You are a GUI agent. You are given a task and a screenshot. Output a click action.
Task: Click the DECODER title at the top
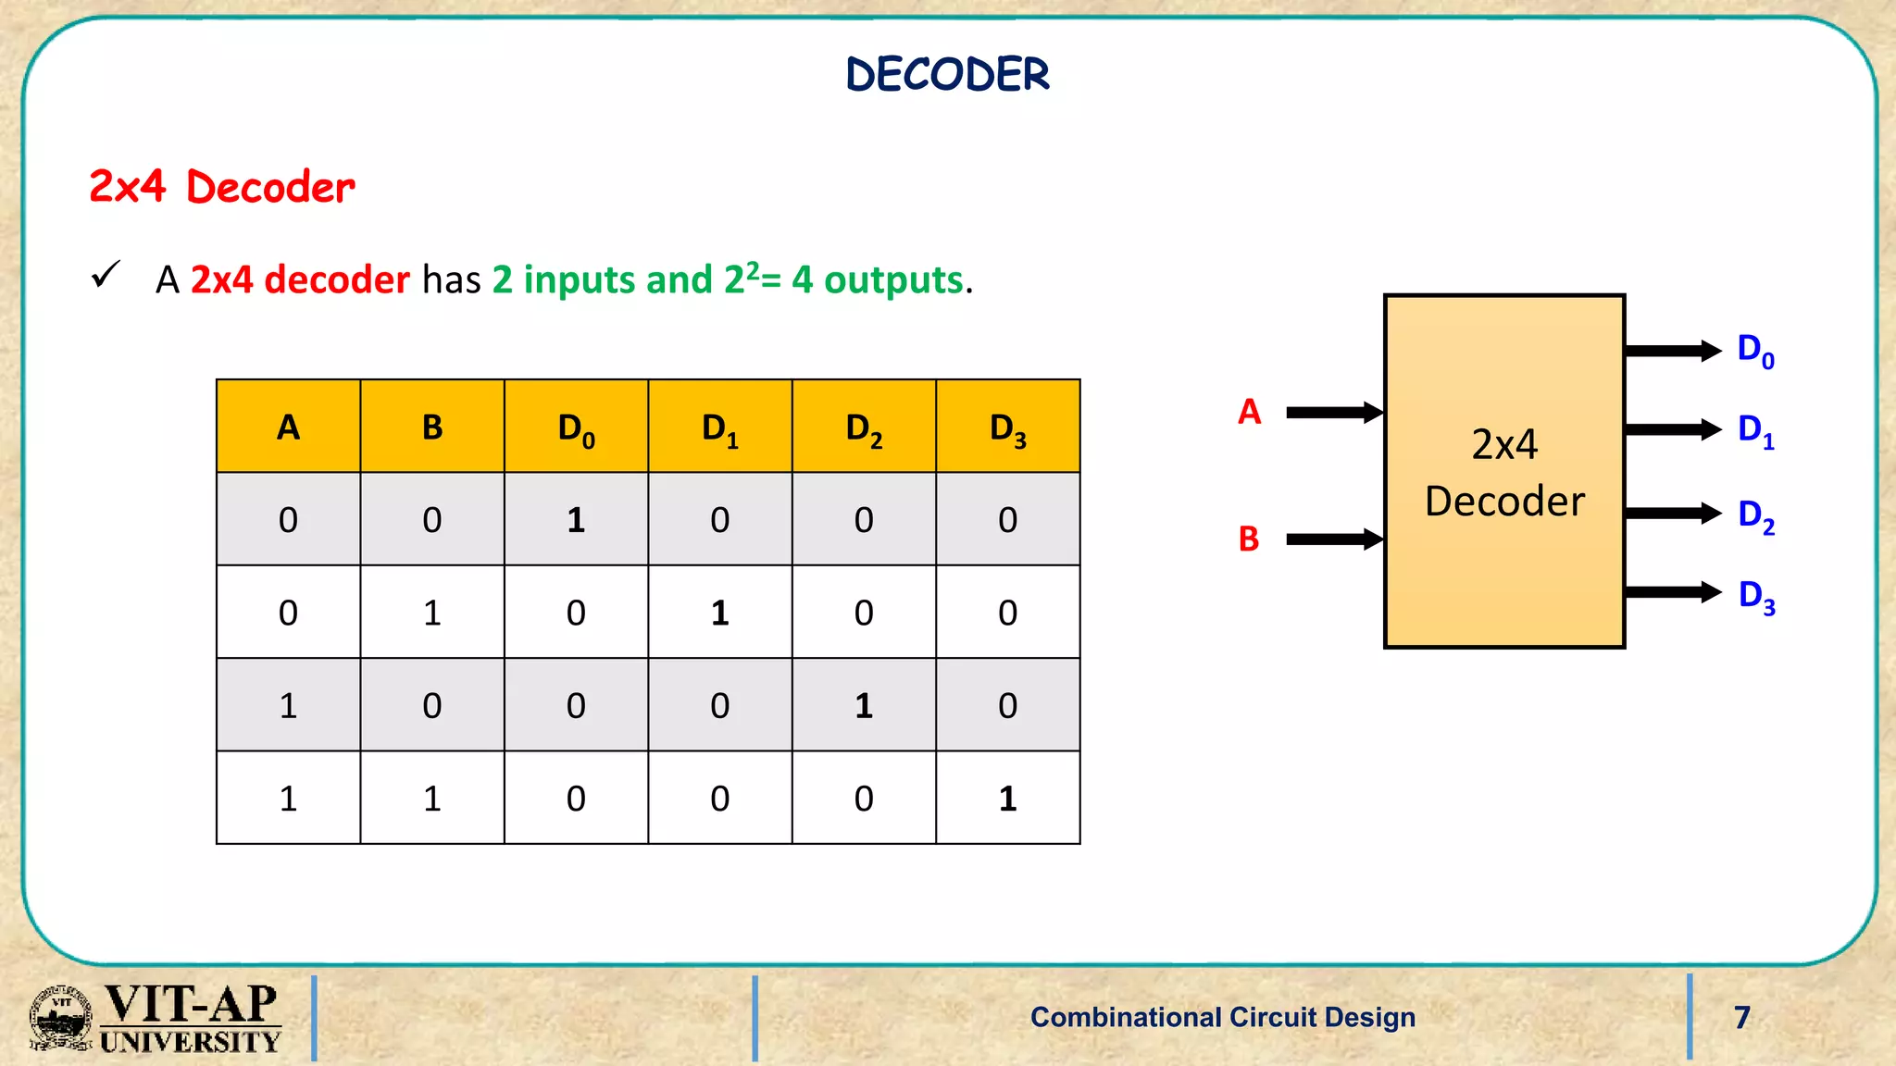tap(947, 75)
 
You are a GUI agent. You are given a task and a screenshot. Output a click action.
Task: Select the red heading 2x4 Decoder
tap(222, 187)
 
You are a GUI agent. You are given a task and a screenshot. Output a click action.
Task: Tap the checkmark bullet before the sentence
tap(106, 275)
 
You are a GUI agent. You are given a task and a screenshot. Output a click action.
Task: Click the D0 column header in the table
tap(576, 428)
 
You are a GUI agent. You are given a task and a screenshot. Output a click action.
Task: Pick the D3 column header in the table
tap(1007, 428)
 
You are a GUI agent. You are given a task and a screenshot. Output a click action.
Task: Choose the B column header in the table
tap(431, 428)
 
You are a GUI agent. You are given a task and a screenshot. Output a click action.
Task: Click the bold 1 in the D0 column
tap(576, 520)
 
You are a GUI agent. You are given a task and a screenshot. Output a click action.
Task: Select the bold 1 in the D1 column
tap(719, 613)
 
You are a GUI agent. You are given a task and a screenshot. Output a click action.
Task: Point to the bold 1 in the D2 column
tap(864, 706)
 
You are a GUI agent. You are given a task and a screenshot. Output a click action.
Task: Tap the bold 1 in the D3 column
tap(1007, 799)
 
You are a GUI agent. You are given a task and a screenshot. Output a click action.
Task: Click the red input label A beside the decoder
tap(1249, 412)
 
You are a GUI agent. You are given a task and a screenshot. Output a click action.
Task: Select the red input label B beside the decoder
tap(1249, 539)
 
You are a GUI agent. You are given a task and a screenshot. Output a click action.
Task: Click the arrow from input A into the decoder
tap(1333, 413)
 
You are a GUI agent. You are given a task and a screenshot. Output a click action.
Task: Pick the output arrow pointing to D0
tap(1672, 351)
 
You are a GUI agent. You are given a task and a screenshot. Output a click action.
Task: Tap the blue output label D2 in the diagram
tap(1755, 516)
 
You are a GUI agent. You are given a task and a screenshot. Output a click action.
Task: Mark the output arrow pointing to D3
tap(1672, 592)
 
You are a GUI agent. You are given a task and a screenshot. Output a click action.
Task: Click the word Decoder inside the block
tap(1504, 502)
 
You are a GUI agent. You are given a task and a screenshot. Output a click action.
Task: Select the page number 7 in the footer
tap(1741, 1017)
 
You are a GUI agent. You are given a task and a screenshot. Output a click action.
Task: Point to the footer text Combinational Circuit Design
tap(1222, 1017)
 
